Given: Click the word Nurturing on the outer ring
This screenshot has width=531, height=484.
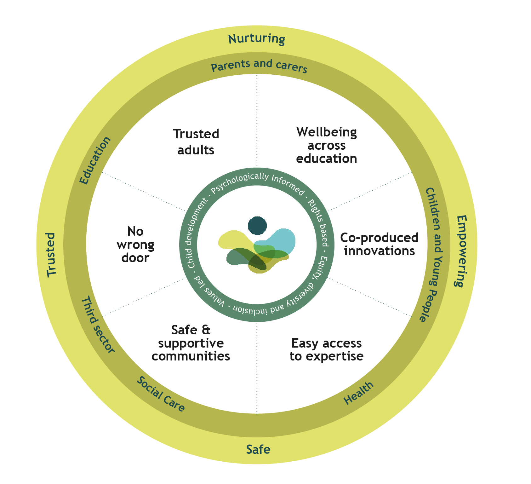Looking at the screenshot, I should click(x=257, y=39).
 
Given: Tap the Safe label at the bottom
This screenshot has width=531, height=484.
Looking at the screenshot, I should click(x=258, y=449).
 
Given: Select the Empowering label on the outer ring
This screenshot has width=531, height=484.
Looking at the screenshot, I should click(x=461, y=251).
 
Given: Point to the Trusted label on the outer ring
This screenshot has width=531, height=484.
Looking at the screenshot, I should click(x=51, y=255).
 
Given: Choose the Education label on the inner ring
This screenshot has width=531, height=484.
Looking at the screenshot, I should click(x=95, y=160).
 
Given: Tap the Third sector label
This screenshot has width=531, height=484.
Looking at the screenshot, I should click(x=98, y=325).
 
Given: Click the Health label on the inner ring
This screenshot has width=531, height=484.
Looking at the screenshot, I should click(x=358, y=393).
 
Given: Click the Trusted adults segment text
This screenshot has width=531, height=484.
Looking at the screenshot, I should click(x=196, y=142).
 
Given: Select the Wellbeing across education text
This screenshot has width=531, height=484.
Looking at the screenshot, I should click(x=327, y=145).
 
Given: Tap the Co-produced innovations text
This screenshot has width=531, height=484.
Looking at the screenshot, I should click(x=379, y=244).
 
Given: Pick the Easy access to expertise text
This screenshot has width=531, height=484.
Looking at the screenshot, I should click(x=327, y=349).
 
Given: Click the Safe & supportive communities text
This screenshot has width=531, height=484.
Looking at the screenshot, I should click(x=191, y=343).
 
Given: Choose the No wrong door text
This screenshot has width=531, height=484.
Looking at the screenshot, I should click(x=135, y=245).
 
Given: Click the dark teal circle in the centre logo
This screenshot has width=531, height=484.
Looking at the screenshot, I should click(x=257, y=226).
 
